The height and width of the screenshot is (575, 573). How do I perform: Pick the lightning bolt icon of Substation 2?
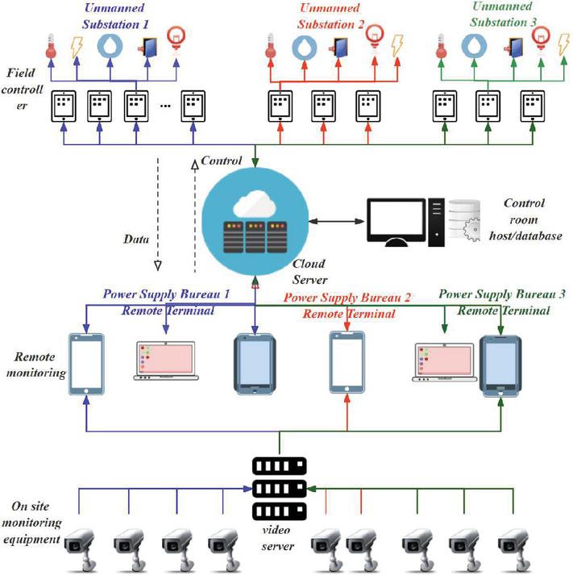point(397,45)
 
